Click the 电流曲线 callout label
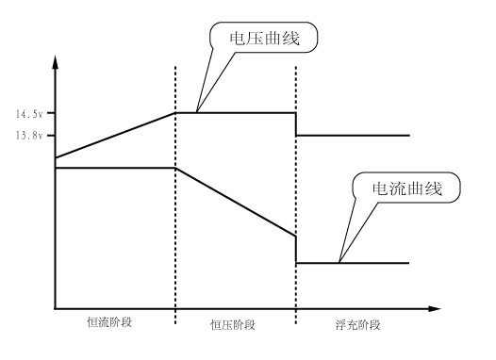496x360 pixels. tap(411, 188)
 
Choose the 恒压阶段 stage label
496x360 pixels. tap(235, 324)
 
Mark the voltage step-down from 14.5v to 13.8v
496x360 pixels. tap(297, 124)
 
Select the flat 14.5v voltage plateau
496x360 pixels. tap(236, 113)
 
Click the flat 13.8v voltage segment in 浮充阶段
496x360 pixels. tap(354, 136)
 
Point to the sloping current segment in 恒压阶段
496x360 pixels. tap(236, 202)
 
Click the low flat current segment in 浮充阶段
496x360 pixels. tap(354, 262)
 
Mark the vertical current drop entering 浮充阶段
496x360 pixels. tap(297, 249)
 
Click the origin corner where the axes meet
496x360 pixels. tap(56, 308)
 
